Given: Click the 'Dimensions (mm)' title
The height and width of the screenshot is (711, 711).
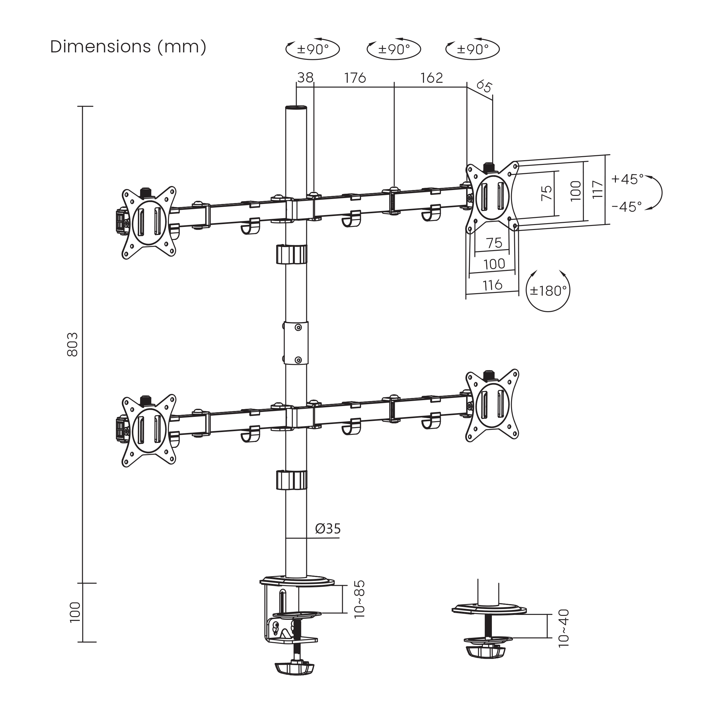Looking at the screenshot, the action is tap(128, 47).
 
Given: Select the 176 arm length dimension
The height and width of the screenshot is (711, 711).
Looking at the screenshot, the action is tap(355, 78).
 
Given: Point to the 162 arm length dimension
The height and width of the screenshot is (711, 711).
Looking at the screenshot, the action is tap(432, 78).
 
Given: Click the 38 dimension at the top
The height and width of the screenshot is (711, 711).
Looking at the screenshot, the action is tap(306, 78).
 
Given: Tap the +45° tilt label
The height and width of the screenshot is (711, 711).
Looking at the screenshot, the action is tap(627, 179).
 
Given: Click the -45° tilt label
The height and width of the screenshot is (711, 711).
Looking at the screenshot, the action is tap(627, 207).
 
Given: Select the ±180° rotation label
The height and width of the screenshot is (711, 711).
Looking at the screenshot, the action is tap(548, 291).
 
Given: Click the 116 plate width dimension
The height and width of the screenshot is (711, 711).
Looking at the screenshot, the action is tap(492, 285).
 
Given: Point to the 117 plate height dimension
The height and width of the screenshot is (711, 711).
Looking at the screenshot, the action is tap(598, 189).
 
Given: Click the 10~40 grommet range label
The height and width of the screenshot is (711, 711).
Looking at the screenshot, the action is tap(564, 629).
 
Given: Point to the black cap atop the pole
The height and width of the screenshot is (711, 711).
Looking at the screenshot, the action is tap(296, 108).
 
